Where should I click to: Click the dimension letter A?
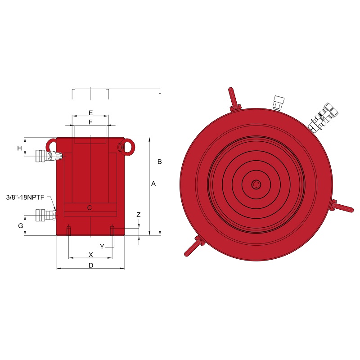[153, 184]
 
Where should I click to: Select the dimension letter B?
[160, 162]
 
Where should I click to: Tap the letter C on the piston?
[90, 208]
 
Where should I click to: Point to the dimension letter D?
[91, 265]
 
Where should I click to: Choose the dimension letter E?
[91, 113]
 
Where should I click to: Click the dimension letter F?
[90, 122]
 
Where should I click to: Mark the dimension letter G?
[21, 226]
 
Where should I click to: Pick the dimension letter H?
[19, 148]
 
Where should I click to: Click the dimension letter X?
[91, 255]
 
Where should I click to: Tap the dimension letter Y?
[102, 247]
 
